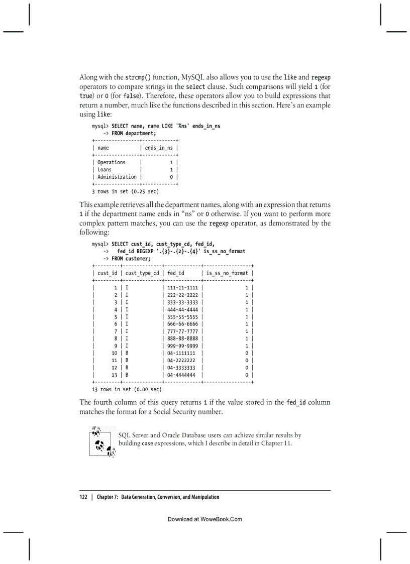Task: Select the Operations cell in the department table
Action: [x=112, y=162]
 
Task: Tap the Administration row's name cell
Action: [x=117, y=177]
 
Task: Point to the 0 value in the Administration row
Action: [x=171, y=177]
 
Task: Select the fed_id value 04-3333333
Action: [x=181, y=368]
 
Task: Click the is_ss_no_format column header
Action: [x=227, y=273]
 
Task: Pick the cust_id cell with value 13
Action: [x=114, y=375]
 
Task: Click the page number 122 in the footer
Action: [x=83, y=497]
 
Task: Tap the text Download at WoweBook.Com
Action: [x=204, y=519]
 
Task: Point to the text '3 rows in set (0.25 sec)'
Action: [x=125, y=191]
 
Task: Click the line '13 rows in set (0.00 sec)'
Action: [x=127, y=389]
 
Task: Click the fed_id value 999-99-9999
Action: [x=182, y=346]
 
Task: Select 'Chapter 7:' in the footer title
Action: [x=108, y=497]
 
